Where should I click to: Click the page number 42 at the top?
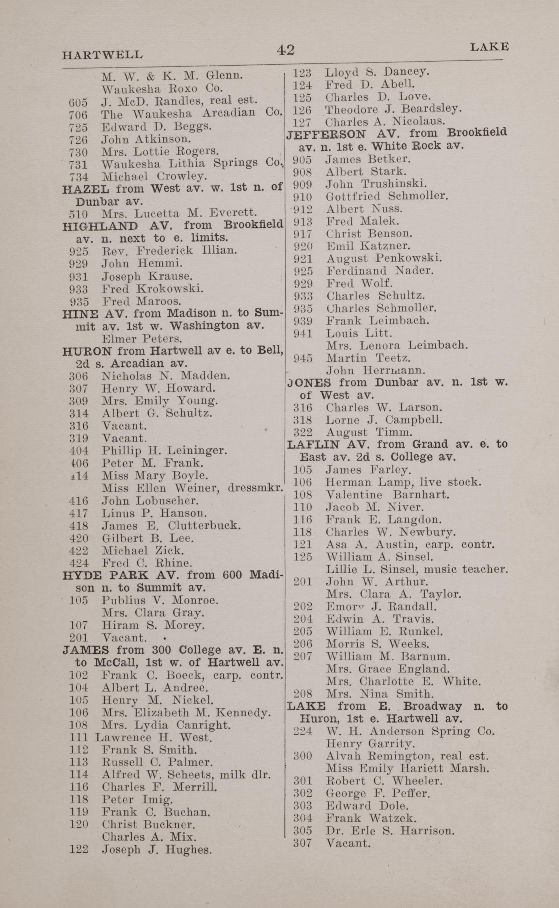286,50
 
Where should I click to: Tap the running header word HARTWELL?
102,55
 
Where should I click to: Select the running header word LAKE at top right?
489,47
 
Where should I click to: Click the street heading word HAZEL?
86,189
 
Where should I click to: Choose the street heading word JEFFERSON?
326,134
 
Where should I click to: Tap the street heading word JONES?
309,383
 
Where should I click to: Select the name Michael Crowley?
154,176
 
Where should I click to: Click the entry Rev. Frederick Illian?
169,251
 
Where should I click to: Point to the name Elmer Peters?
141,338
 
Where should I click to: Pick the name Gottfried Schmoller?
387,196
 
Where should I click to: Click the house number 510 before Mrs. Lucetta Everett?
79,214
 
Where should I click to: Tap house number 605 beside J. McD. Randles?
78,101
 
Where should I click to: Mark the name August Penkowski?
384,258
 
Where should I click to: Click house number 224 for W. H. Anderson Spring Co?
303,731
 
